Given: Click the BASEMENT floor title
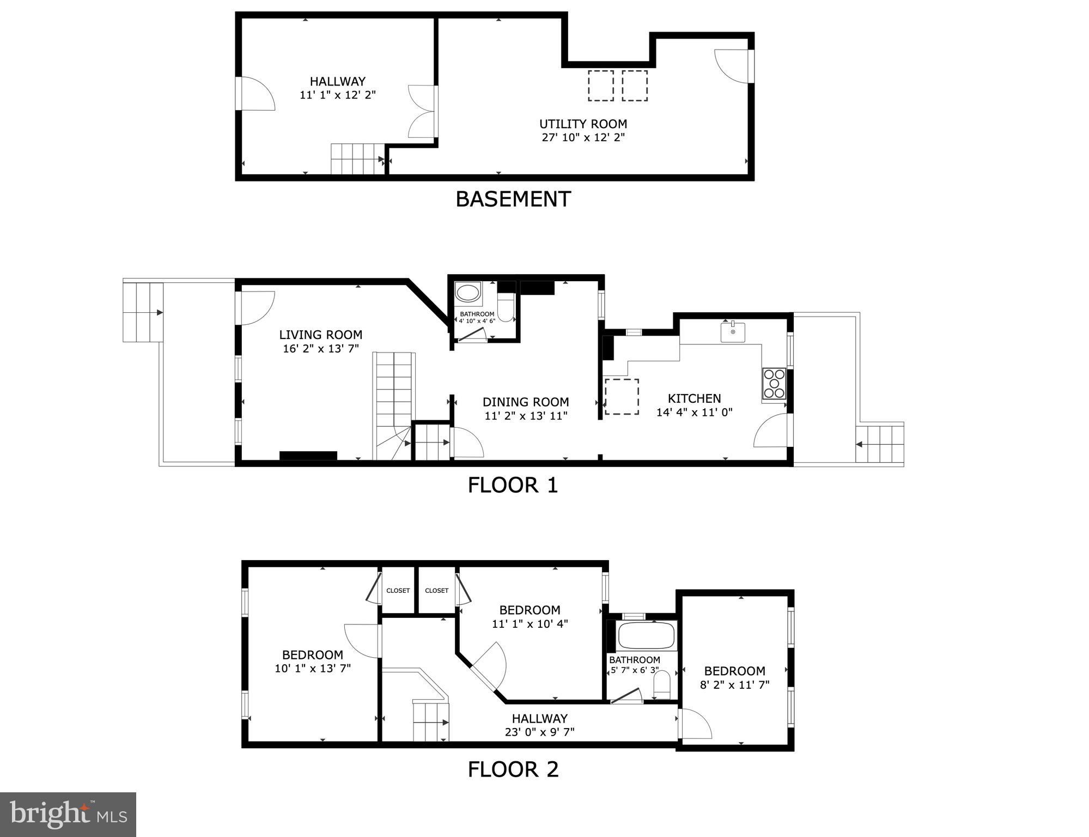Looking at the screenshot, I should pos(513,199).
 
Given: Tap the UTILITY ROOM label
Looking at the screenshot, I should pos(582,124).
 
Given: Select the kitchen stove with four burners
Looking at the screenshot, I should pos(774,384).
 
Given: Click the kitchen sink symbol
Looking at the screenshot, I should pos(733,332).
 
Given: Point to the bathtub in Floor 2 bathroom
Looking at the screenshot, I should pos(647,635).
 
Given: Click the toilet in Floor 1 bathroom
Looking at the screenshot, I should pos(506,308).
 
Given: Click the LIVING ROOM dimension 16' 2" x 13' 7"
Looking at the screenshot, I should pos(320,349).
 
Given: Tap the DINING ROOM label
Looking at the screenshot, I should pos(526,402).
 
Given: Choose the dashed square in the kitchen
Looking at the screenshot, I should pos(622,397).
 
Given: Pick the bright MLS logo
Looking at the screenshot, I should pos(68,815).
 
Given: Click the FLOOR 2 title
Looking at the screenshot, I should pos(513,769).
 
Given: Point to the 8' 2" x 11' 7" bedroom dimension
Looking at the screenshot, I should pos(734,685).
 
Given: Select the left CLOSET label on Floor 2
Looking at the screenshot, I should pos(398,591).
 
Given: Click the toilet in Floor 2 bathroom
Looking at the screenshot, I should pos(661,685).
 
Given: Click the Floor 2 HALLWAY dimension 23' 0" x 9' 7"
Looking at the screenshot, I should pos(539,732).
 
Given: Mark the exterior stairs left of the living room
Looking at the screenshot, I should pos(143,312).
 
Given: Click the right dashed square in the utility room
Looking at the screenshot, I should pos(635,86).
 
